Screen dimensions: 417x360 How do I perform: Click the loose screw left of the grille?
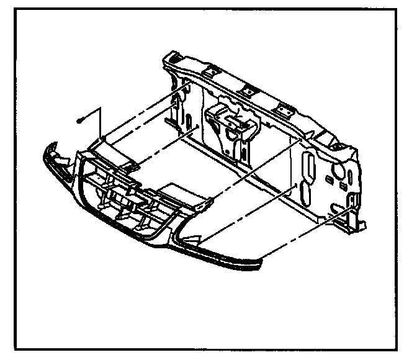pos(81,120)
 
